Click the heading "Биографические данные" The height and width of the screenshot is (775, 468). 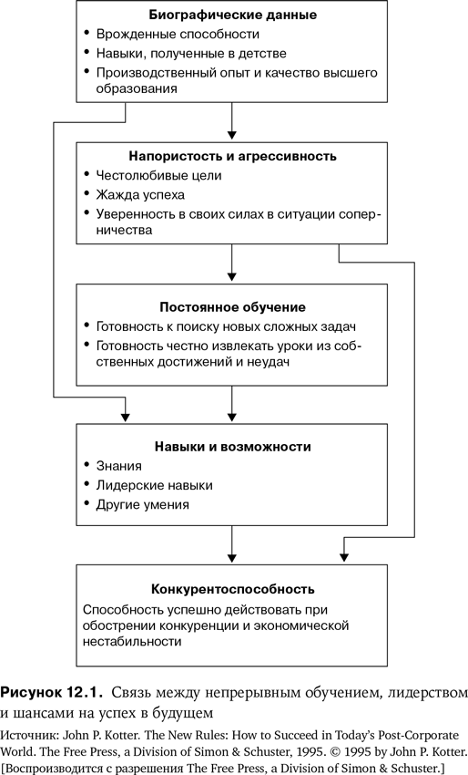(232, 15)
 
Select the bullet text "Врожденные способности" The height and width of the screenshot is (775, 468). (178, 34)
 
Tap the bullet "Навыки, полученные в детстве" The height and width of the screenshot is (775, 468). (191, 54)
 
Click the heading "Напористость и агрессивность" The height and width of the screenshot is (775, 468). (232, 156)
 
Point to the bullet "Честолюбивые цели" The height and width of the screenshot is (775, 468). (158, 175)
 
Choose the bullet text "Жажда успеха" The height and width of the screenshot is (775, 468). (140, 195)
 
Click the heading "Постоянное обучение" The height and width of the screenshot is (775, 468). (232, 307)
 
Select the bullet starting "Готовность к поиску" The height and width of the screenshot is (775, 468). (226, 326)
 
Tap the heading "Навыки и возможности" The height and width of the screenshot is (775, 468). (232, 447)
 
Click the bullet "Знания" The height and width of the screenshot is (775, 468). (119, 466)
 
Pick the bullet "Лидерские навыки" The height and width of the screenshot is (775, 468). (155, 485)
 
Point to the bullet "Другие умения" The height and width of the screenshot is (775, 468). (143, 504)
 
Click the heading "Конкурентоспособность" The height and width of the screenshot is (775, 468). (232, 589)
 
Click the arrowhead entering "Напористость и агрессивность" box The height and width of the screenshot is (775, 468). (231, 135)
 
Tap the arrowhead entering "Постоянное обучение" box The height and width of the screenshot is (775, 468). (231, 276)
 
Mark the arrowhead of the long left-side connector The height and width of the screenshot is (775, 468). (125, 416)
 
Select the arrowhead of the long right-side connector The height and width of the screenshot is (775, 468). (344, 557)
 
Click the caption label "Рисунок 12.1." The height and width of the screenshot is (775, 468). (51, 692)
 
